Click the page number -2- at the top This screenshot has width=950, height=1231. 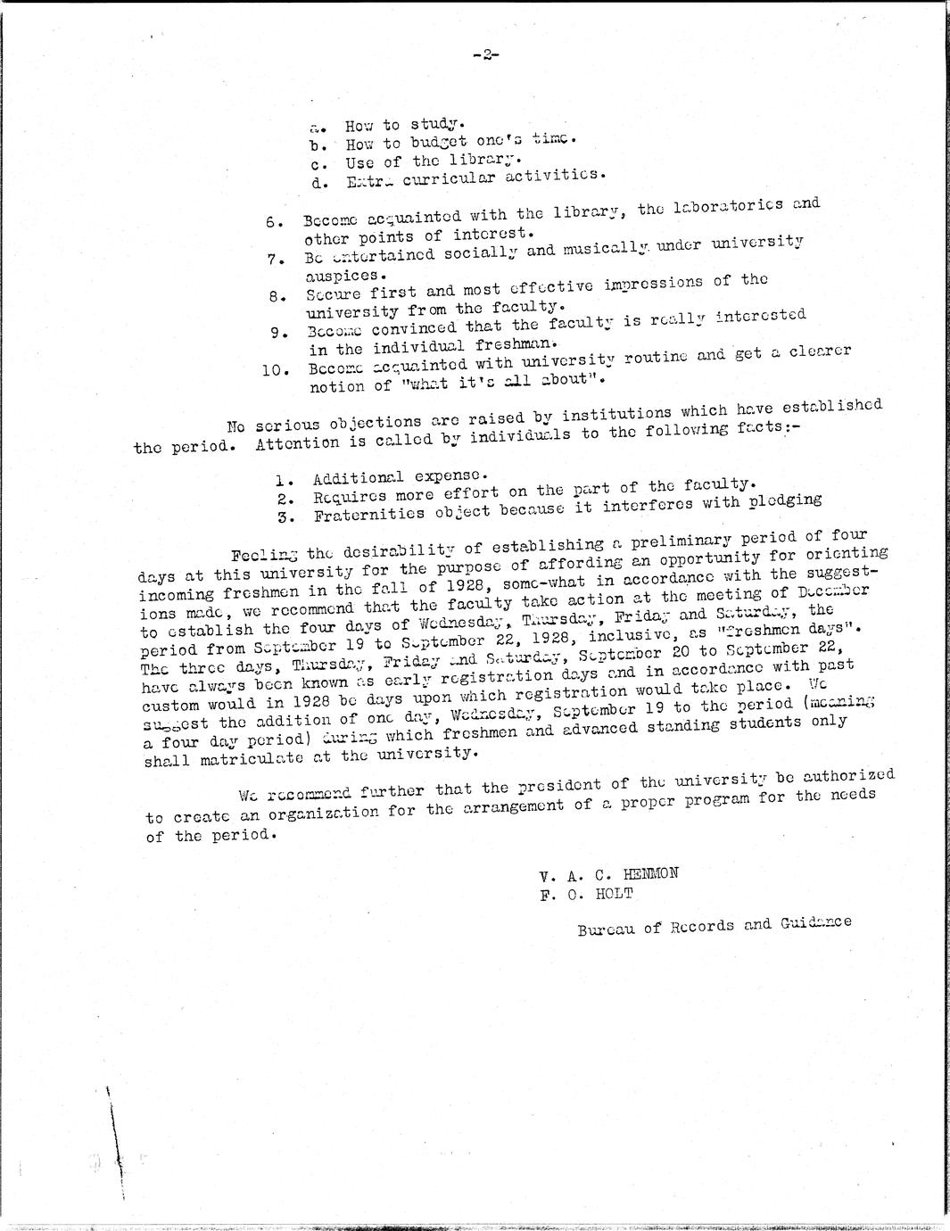(486, 55)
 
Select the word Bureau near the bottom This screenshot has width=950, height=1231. (607, 929)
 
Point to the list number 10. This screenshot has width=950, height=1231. (272, 370)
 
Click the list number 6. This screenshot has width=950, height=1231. (274, 222)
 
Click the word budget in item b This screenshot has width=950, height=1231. (439, 143)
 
